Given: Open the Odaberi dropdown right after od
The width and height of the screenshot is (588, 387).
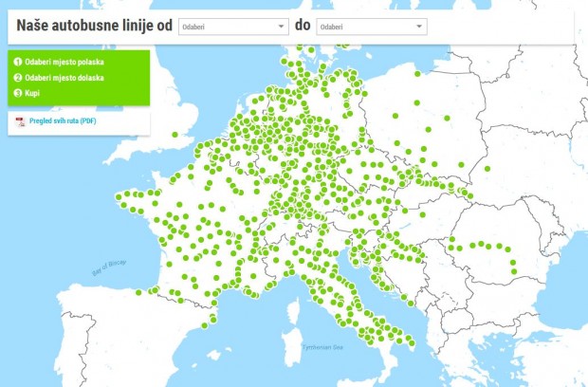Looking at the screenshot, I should [x=232, y=27].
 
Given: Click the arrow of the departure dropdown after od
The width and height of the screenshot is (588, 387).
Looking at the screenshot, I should [x=282, y=27].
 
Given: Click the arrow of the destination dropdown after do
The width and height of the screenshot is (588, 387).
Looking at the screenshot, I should [x=419, y=27].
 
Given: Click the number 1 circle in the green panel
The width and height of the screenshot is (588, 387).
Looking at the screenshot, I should [x=17, y=62].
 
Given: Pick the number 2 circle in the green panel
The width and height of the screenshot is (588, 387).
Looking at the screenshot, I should [x=17, y=78].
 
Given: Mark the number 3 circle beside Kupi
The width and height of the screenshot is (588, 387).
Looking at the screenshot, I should [x=17, y=93].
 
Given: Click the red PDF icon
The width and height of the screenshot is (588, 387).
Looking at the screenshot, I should [x=20, y=121].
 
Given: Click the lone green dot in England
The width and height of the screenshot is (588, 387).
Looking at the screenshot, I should [x=175, y=135].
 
